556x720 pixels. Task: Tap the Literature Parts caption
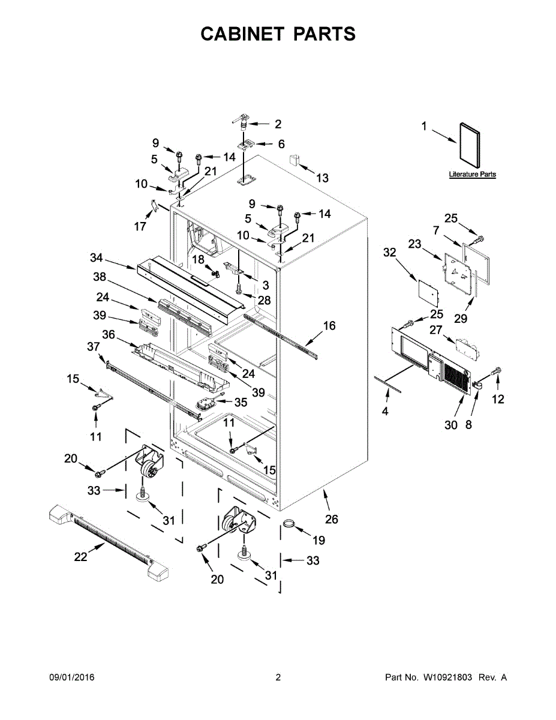click(473, 175)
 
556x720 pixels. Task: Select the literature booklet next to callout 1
click(470, 145)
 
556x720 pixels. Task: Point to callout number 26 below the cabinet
click(332, 519)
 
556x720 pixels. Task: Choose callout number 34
click(97, 259)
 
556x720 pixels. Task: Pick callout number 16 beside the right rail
click(329, 326)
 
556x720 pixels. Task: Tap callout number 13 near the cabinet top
click(322, 178)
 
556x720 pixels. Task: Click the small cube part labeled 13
click(295, 159)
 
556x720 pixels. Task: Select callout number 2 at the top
click(278, 124)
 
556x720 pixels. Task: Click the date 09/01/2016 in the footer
click(71, 677)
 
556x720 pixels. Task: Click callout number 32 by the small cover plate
click(390, 253)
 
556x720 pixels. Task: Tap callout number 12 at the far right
click(498, 399)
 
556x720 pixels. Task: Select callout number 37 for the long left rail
click(93, 346)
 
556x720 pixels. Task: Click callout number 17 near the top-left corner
click(140, 227)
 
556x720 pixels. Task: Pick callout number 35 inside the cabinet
click(241, 402)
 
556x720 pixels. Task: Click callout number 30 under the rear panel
click(451, 425)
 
